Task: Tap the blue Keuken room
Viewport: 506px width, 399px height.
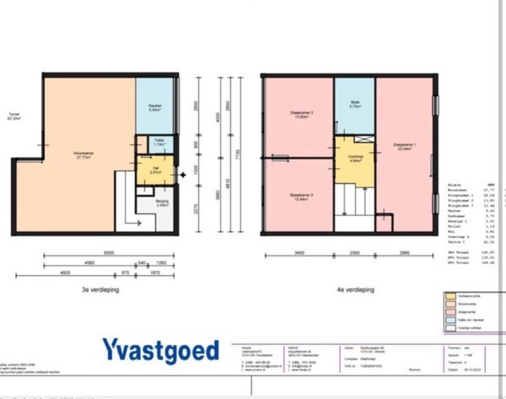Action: tap(154, 108)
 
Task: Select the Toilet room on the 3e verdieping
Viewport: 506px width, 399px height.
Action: tap(158, 143)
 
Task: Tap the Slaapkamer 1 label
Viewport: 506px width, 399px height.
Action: tap(406, 146)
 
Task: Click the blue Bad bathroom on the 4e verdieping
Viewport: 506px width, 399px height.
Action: tap(355, 106)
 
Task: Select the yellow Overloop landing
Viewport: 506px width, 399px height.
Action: tap(355, 160)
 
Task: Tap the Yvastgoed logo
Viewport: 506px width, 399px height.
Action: tap(161, 349)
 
